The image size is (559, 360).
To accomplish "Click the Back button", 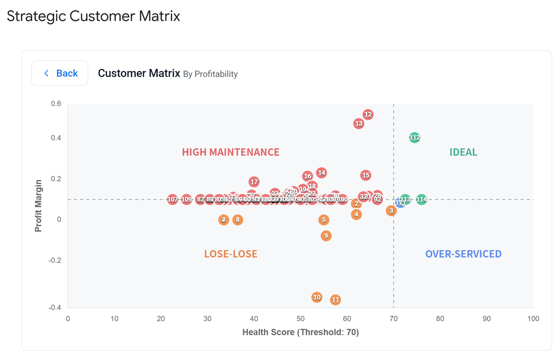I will pos(60,73).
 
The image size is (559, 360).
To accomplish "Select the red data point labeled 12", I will pos(368,114).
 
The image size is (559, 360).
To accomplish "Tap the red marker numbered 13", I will pos(358,123).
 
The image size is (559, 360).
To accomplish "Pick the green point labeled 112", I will pos(414,137).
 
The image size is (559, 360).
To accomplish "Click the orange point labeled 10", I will pos(317,297).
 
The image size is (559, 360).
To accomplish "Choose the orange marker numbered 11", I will pos(335,300).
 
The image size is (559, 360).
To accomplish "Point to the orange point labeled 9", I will pos(326,236).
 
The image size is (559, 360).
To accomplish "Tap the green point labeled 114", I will pos(422,199).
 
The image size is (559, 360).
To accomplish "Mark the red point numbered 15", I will pos(366,175).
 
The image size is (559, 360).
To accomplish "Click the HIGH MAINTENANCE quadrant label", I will pos(230,152).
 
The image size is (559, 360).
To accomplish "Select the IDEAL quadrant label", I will pos(463,152).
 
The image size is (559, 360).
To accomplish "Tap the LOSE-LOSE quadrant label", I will pos(230,254).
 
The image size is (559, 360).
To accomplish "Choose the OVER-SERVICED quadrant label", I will pos(463,254).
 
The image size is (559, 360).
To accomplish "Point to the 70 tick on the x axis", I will pos(393,319).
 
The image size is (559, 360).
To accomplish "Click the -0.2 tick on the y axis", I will pos(55,260).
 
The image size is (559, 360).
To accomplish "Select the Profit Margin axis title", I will pos(38,206).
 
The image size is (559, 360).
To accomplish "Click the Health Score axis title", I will pos(300,332).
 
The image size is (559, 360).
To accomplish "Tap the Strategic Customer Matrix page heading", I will pos(93,16).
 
